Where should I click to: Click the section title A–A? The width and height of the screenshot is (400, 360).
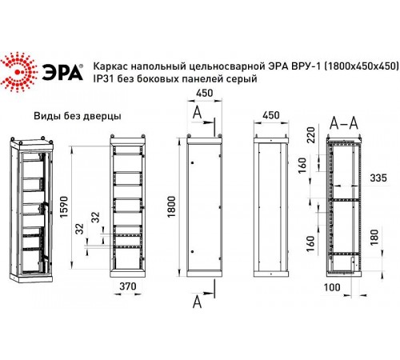click(x=344, y=121)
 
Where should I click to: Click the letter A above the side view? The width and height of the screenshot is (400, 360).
click(x=197, y=112)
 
